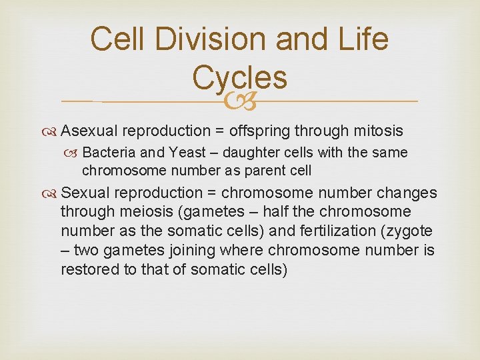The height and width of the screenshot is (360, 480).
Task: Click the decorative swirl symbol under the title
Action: coord(239,101)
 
